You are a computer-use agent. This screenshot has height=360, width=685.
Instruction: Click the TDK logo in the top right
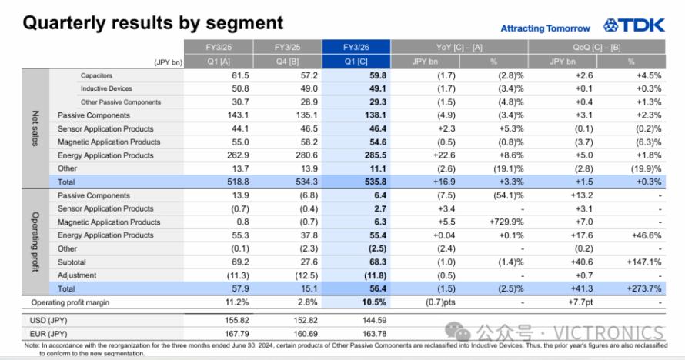[x=634, y=25]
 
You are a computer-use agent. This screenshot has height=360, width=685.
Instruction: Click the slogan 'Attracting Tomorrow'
[x=545, y=28]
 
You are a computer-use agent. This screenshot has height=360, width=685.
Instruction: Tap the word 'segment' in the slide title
[x=244, y=23]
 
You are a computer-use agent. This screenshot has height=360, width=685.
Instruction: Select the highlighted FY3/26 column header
[x=356, y=47]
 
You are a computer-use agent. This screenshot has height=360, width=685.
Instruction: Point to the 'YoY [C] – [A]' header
[x=459, y=47]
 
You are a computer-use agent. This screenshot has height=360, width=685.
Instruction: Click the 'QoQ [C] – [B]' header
[x=596, y=47]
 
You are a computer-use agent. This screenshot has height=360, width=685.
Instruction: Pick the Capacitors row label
[x=96, y=75]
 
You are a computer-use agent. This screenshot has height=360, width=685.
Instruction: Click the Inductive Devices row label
[x=106, y=88]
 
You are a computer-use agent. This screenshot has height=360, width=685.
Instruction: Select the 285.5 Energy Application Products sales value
[x=376, y=155]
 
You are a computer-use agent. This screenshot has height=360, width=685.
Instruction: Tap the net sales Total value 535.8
[x=376, y=182]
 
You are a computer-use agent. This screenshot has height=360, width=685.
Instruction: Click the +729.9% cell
[x=506, y=222]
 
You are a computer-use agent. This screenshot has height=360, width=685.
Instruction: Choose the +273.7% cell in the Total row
[x=644, y=289]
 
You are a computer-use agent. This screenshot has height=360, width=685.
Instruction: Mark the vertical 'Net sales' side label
[x=35, y=128]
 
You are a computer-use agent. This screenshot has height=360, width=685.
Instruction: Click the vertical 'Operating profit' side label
[x=35, y=242]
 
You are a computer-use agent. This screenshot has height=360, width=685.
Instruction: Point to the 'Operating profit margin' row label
[x=70, y=302]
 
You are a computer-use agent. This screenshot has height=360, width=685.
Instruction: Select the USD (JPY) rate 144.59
[x=374, y=320]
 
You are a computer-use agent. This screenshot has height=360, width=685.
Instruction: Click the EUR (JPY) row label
[x=48, y=334]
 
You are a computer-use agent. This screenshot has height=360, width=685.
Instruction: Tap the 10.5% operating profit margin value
[x=374, y=302]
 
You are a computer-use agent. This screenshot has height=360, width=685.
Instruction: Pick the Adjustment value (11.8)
[x=376, y=276]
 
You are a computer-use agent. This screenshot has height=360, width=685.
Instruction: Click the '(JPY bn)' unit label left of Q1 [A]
[x=169, y=62]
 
